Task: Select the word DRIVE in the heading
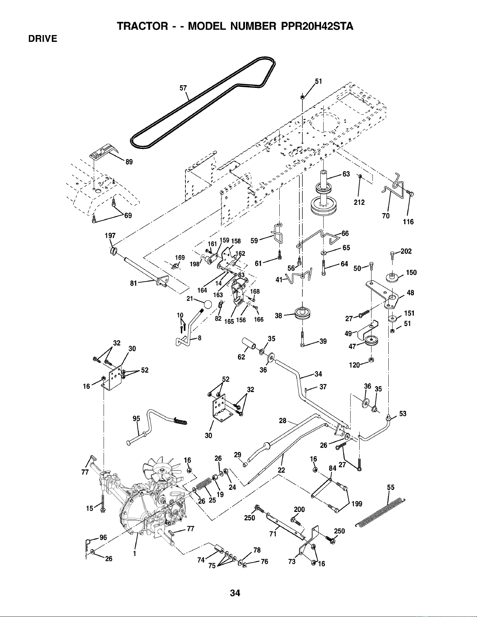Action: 43,39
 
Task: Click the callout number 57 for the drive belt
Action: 183,88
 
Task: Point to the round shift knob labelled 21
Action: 207,304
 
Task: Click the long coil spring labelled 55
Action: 380,512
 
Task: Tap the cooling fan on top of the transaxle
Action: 163,466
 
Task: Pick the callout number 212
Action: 359,202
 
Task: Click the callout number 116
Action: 408,222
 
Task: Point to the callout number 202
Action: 406,251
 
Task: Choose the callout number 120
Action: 355,365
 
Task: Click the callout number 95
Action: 137,419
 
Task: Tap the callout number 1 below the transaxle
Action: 135,554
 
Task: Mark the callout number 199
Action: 357,504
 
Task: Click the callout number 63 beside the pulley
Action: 346,174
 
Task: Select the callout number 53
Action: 403,414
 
